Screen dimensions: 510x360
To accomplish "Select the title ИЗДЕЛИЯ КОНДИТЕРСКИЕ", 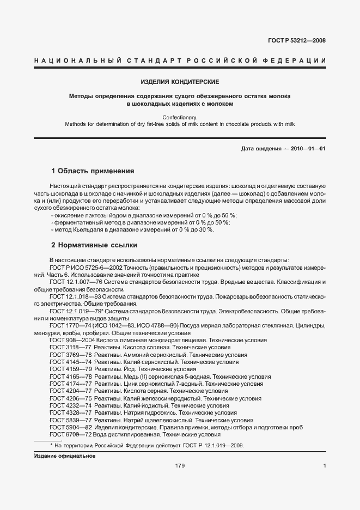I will tap(180, 82).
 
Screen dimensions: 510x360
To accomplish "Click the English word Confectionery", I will tap(180, 117).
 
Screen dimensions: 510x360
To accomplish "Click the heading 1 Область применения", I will tap(92, 171).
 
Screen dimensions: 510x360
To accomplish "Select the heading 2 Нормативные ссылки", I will tap(94, 245).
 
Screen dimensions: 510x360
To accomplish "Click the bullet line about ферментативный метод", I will tap(140, 223).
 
